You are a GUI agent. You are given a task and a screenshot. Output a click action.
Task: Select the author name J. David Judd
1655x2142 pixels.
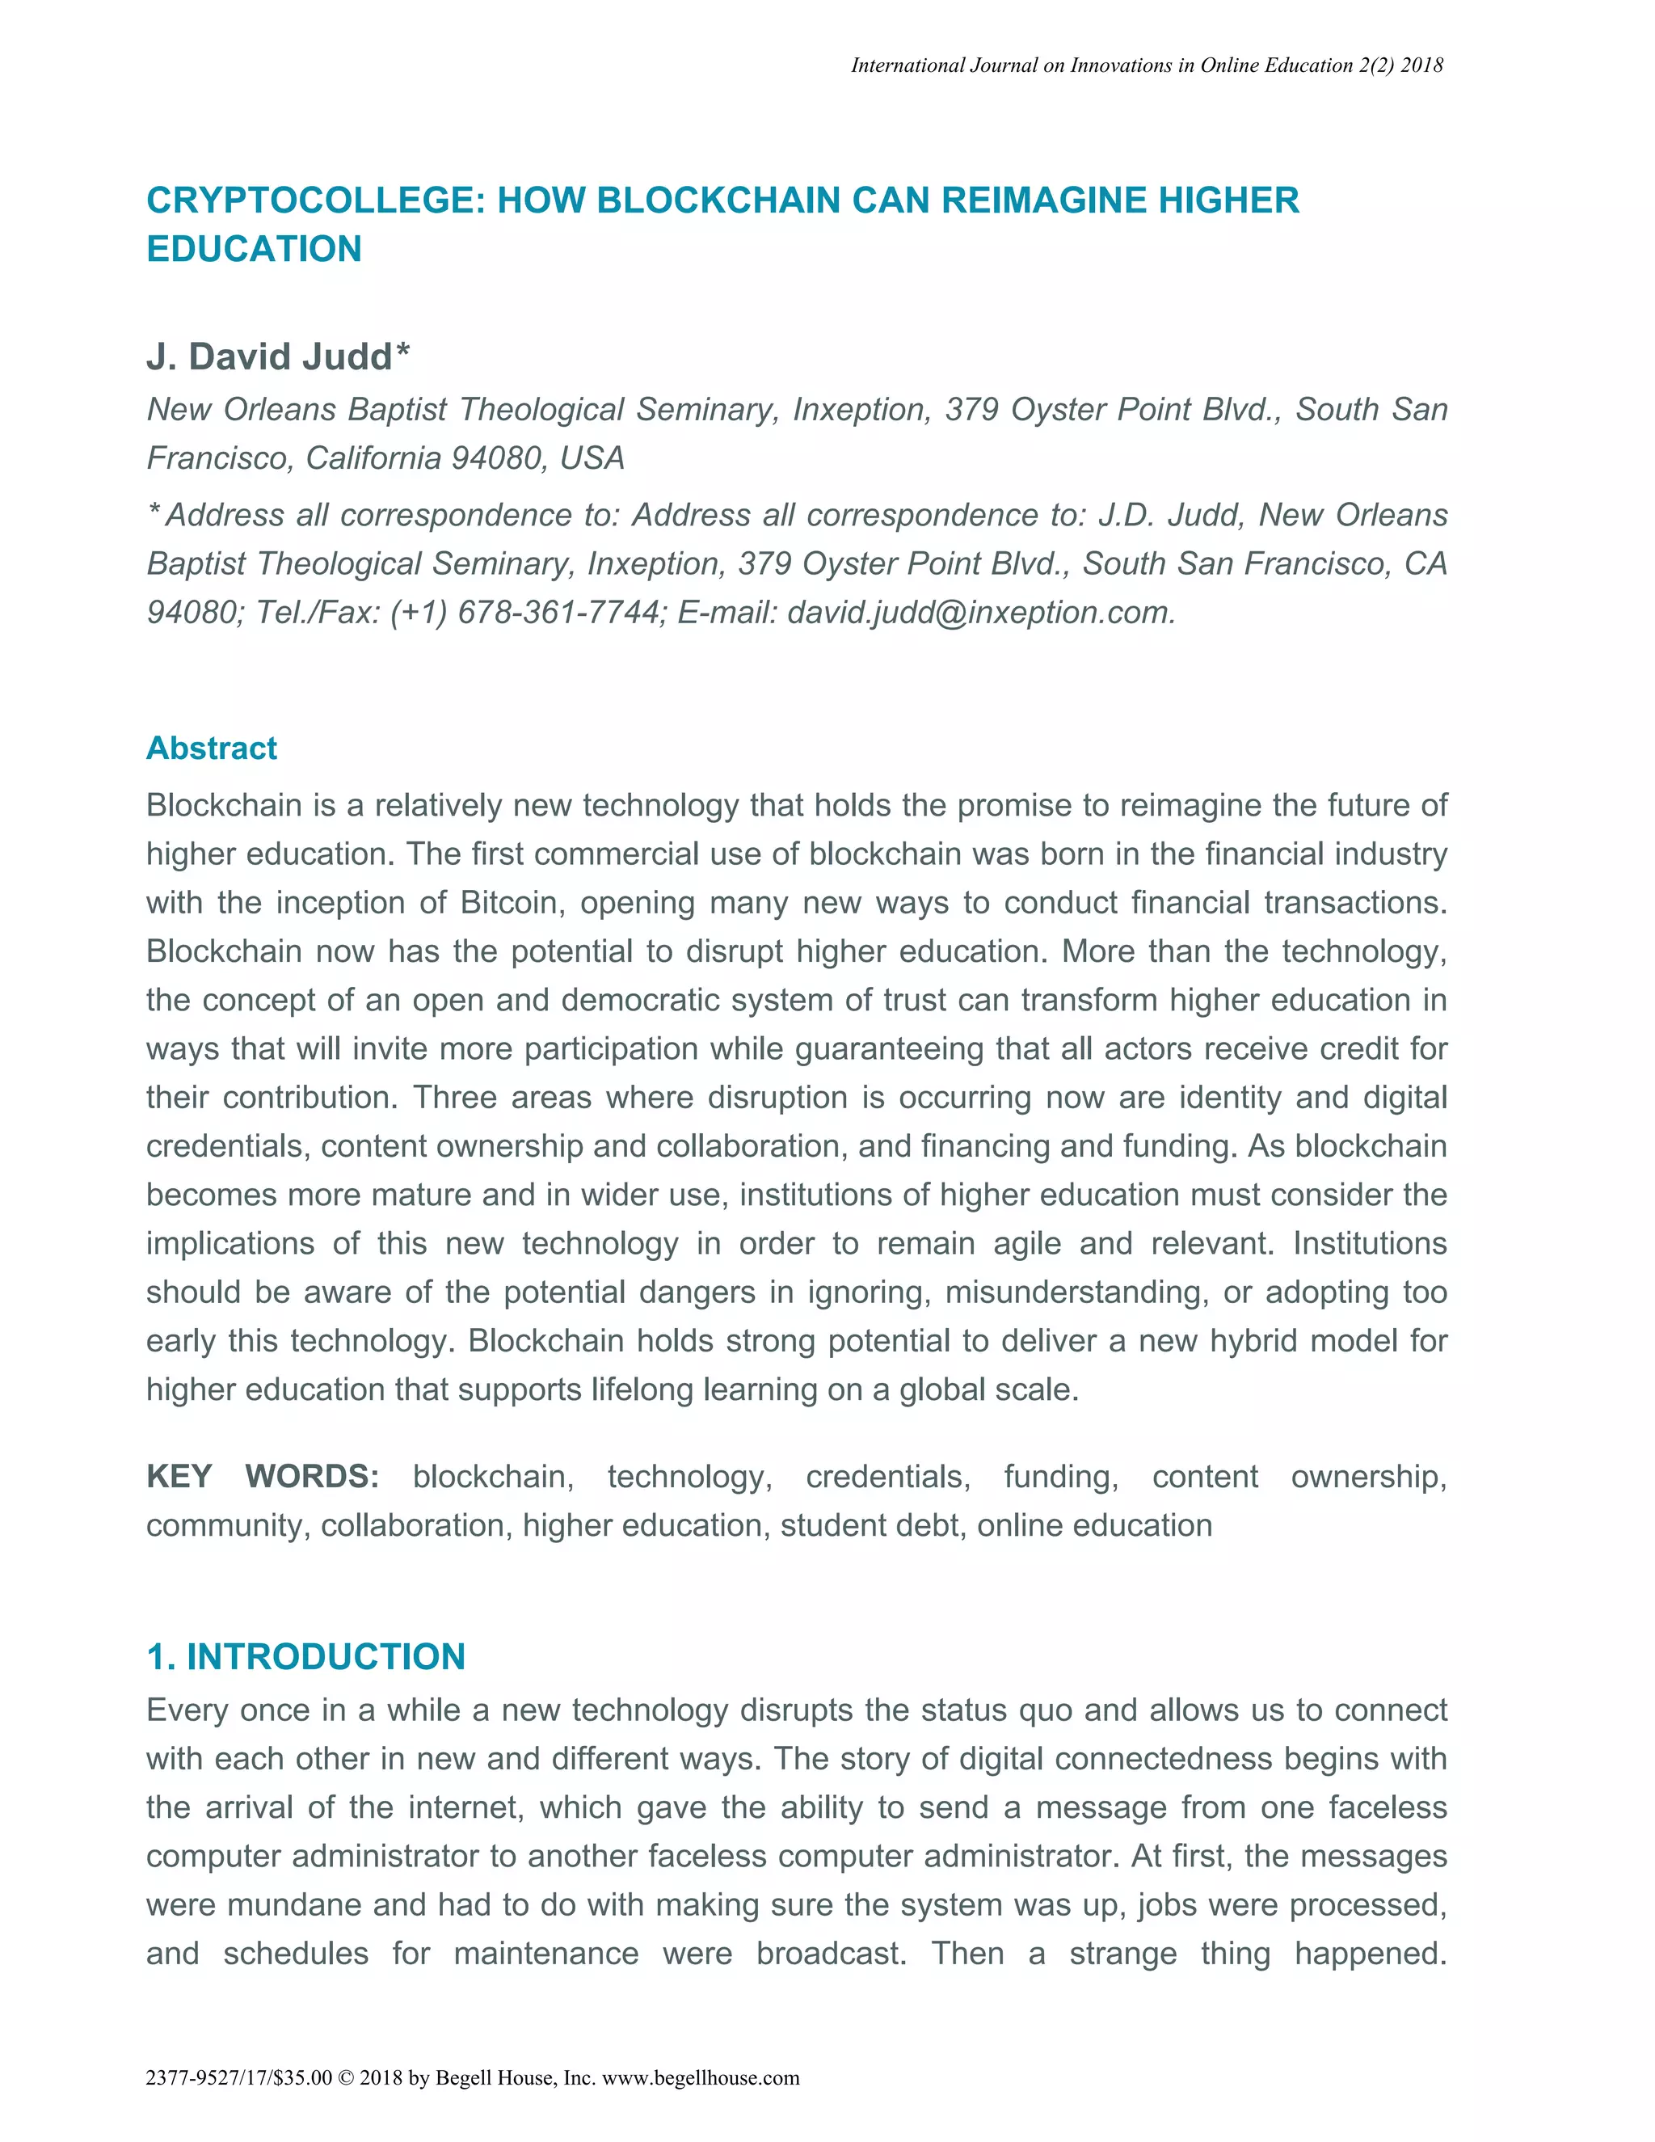270,357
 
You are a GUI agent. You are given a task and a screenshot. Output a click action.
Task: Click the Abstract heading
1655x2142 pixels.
211,748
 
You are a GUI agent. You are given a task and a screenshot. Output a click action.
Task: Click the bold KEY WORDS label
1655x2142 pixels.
262,1476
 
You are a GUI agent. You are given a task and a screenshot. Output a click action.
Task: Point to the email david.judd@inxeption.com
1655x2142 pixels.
979,613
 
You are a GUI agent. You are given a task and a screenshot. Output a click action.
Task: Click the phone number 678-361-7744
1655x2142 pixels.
558,613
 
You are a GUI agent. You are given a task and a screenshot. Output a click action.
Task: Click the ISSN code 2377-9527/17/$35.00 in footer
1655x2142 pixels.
238,2077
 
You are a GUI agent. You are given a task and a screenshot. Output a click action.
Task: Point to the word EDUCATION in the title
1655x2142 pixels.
254,249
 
